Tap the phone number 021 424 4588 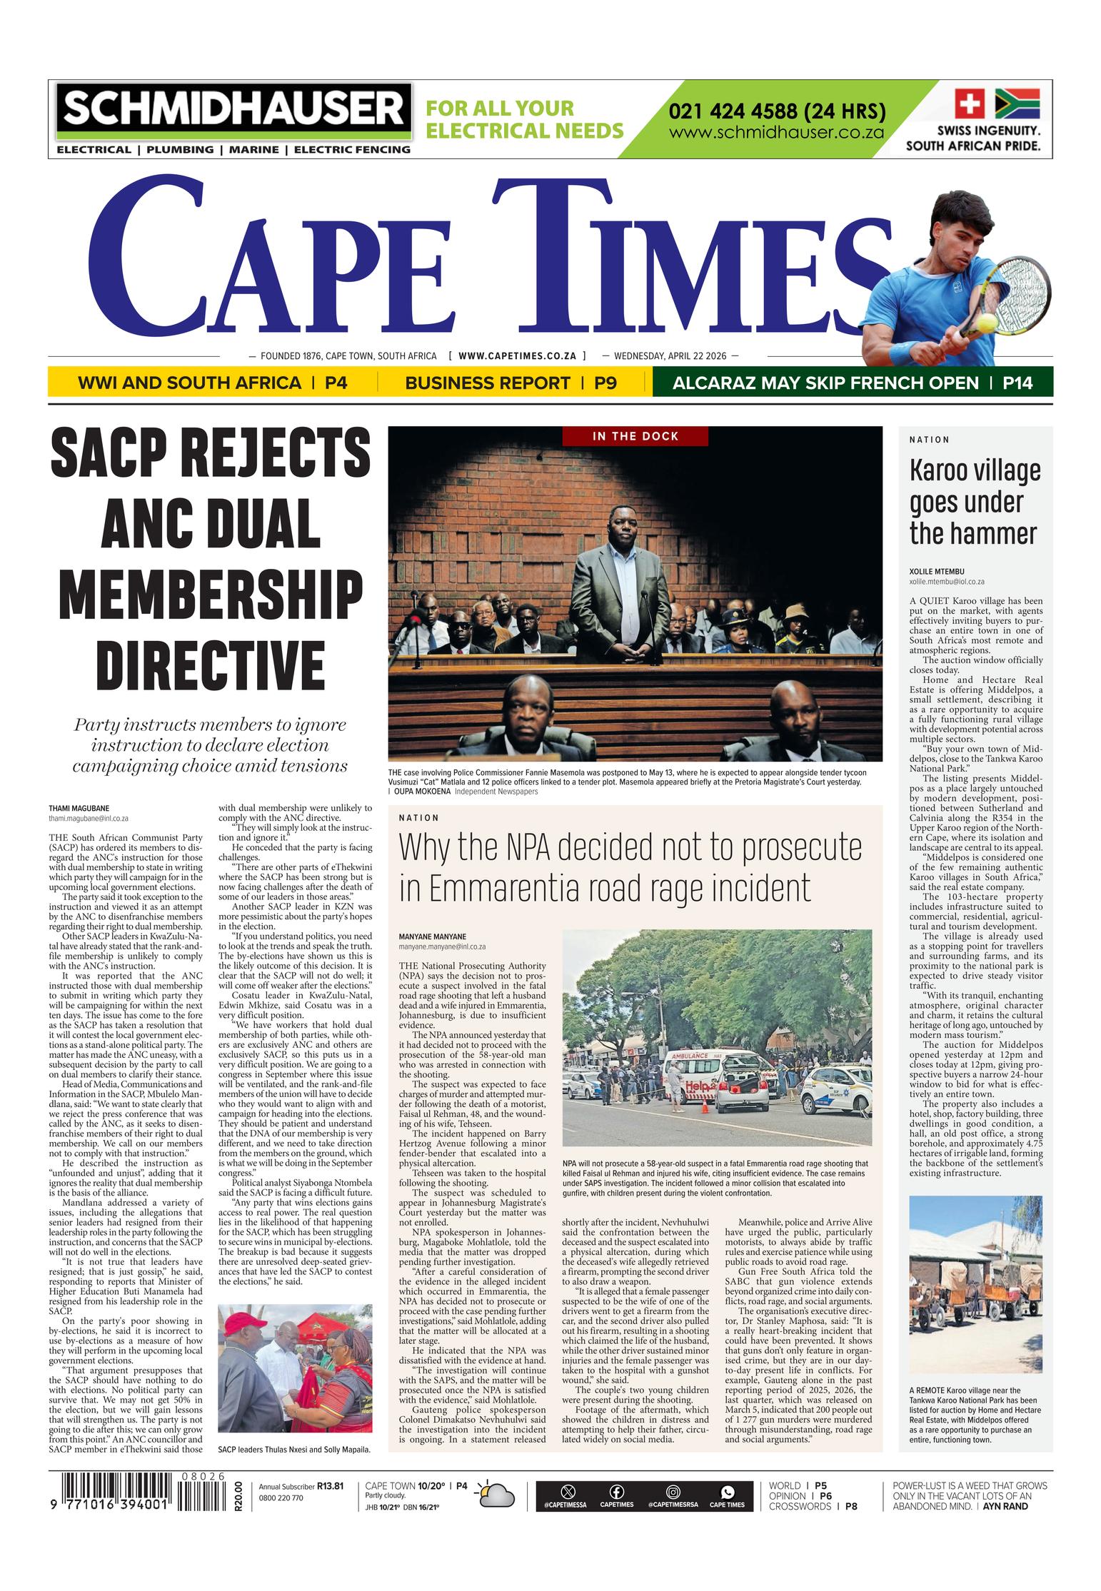click(777, 112)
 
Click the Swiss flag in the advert click(970, 103)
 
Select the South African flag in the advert click(1017, 103)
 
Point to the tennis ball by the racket click(987, 323)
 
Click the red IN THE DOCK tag click(635, 436)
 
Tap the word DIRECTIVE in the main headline click(210, 663)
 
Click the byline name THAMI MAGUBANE click(79, 809)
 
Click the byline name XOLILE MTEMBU click(937, 572)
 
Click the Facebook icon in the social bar click(616, 1492)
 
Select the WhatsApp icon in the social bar click(727, 1492)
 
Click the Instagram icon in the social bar click(673, 1492)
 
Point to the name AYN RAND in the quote click(1005, 1506)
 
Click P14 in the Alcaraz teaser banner click(1017, 383)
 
